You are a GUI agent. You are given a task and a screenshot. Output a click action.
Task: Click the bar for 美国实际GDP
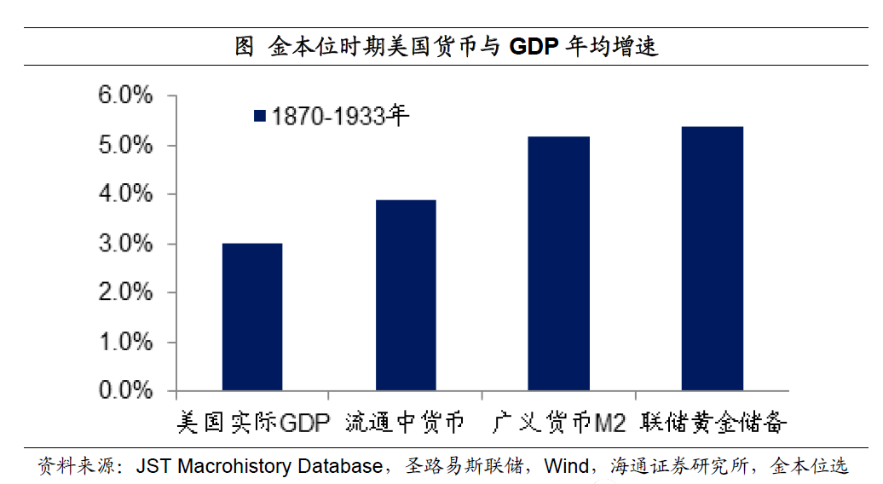point(251,317)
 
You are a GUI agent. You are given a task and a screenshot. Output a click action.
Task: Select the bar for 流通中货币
point(405,295)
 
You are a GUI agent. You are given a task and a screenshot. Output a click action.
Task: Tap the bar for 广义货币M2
point(558,263)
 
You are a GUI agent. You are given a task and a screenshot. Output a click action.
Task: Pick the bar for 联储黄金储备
point(712,258)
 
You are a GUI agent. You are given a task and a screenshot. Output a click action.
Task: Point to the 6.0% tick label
point(126,95)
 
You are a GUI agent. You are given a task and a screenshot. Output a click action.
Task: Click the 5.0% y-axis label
point(126,145)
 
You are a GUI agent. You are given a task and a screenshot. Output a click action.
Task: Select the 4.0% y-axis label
point(126,194)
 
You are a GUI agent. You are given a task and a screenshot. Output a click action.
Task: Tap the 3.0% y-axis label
point(126,244)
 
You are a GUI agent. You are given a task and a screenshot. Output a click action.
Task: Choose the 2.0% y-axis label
point(126,292)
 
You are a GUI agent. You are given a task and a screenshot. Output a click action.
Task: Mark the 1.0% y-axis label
point(126,342)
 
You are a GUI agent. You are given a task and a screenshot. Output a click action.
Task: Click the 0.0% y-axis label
point(126,391)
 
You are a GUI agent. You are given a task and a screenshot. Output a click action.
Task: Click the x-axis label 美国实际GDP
point(252,422)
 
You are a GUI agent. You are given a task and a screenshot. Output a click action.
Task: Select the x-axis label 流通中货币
point(405,422)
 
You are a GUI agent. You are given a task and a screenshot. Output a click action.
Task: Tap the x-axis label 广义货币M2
point(558,422)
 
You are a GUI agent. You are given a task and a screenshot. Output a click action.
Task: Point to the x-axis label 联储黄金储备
point(713,422)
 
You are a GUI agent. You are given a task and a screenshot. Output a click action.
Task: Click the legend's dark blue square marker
point(261,116)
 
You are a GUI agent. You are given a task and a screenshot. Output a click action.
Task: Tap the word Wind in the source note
point(566,466)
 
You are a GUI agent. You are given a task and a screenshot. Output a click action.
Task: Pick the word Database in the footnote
point(341,466)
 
